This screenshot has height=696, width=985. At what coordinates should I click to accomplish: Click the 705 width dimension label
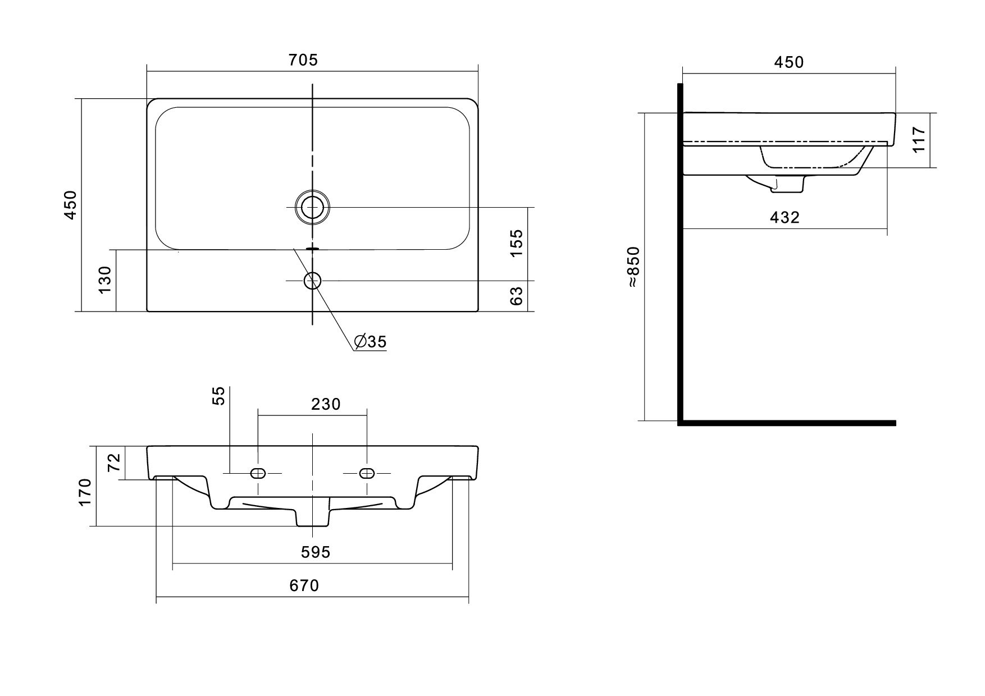point(303,60)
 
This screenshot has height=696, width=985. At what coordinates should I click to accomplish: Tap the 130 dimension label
point(105,280)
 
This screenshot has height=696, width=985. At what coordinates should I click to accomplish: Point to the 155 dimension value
point(516,242)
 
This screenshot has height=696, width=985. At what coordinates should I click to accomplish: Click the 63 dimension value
point(516,296)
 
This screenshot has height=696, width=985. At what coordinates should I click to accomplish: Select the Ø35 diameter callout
point(371,341)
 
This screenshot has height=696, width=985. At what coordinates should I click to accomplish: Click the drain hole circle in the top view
point(312,207)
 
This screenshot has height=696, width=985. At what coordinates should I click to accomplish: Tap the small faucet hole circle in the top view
point(312,280)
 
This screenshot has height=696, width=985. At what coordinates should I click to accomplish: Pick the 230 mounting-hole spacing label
point(326,404)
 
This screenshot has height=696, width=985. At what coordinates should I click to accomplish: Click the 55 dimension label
point(219,395)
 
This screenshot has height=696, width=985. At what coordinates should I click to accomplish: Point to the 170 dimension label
point(85,492)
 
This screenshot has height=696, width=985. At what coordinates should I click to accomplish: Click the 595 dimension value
point(315,552)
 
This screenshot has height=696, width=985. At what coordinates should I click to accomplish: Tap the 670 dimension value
point(304,585)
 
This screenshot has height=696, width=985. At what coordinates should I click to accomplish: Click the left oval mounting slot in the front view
point(258,473)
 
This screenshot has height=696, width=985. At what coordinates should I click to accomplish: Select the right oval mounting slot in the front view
point(367,473)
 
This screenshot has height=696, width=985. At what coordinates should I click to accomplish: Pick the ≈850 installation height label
point(633,267)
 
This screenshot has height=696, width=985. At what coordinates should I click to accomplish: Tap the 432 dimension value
point(784,218)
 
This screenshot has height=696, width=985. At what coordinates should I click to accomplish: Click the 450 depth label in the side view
point(789,62)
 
